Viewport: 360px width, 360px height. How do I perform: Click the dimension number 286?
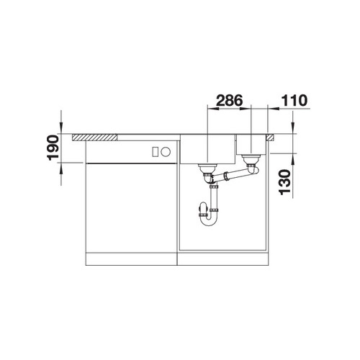coord(230,100)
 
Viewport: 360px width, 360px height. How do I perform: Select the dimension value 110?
coord(294,100)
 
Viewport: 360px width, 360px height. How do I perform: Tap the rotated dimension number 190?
coord(53,148)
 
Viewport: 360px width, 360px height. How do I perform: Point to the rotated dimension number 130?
coord(285,182)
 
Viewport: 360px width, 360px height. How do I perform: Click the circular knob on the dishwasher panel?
coord(166,152)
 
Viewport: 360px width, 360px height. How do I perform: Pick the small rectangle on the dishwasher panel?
coord(155,152)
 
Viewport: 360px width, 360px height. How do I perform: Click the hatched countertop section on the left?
coord(95,138)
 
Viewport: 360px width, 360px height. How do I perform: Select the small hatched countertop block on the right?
coord(270,138)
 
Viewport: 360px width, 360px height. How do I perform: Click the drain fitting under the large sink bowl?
coord(207,169)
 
